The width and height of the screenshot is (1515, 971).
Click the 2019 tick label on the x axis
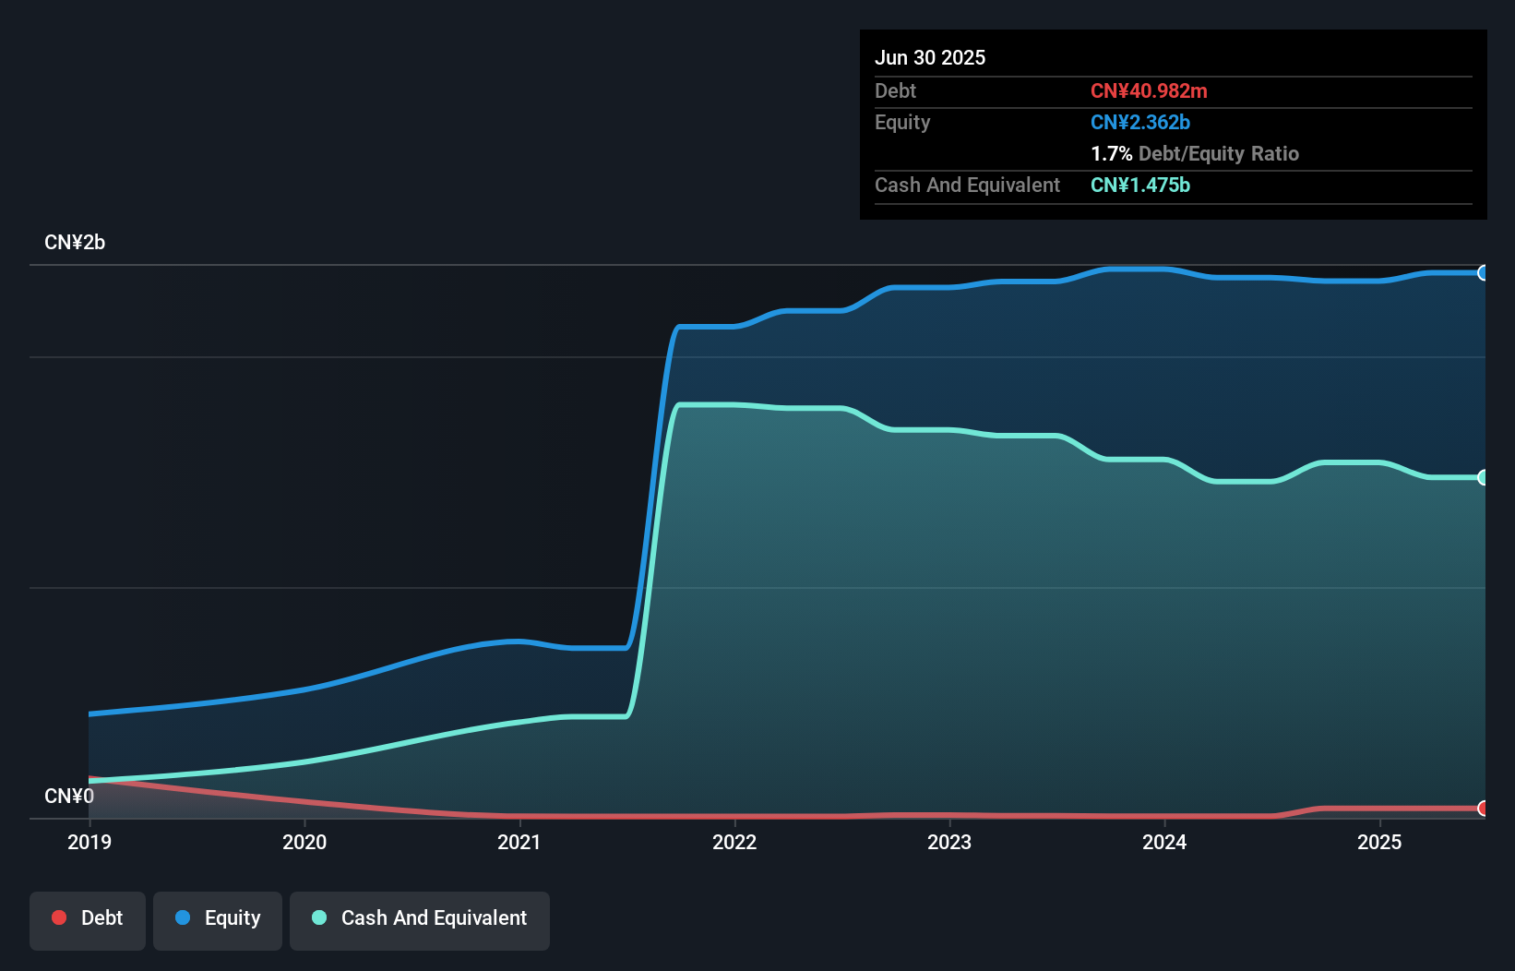(x=89, y=842)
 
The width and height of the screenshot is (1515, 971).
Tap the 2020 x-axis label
(x=304, y=842)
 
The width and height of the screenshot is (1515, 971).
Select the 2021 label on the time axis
(x=519, y=842)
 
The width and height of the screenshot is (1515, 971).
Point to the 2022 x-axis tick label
(x=734, y=842)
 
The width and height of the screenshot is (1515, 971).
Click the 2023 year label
(x=949, y=842)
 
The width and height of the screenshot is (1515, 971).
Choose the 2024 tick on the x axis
(x=1164, y=842)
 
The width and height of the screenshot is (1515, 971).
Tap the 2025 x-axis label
(x=1379, y=842)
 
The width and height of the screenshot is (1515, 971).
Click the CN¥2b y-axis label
(x=75, y=243)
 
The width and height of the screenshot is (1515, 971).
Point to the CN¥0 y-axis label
(x=69, y=796)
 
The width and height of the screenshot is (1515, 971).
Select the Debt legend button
(x=88, y=918)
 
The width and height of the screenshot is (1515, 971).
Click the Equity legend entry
(x=218, y=918)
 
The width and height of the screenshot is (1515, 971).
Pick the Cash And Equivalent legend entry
(x=420, y=918)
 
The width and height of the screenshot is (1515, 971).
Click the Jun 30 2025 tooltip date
(x=930, y=57)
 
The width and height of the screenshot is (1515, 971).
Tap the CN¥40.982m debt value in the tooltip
(x=1149, y=90)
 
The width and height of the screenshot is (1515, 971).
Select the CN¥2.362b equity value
(x=1140, y=122)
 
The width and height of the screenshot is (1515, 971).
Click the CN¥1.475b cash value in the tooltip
(x=1140, y=185)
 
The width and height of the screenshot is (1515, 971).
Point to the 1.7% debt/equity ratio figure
(x=1111, y=153)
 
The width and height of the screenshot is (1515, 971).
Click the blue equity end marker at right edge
(x=1483, y=272)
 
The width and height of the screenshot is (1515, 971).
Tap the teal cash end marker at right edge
(x=1483, y=477)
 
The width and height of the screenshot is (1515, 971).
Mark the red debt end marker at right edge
(x=1483, y=809)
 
